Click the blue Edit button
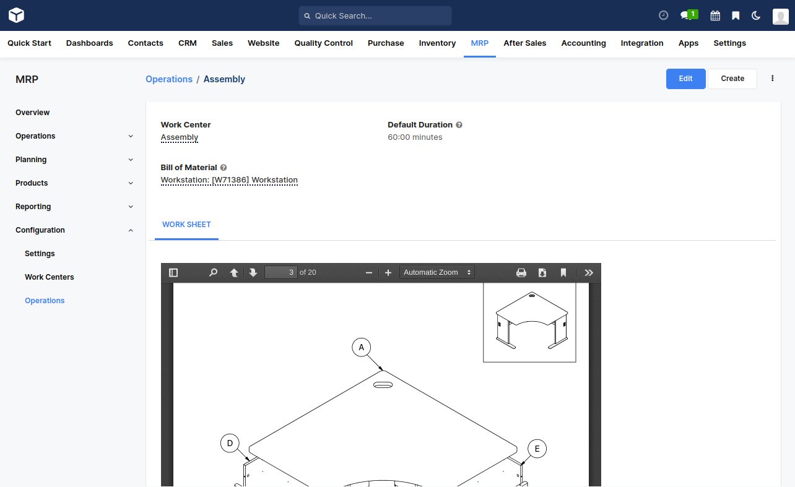pos(685,79)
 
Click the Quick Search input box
pos(375,15)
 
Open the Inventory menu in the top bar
pos(437,43)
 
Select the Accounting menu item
pos(583,43)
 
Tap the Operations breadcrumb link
pos(169,79)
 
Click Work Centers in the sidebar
pos(50,277)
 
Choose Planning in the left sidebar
pos(31,160)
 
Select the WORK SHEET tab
pos(186,225)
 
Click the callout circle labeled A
pos(362,347)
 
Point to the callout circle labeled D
pos(230,443)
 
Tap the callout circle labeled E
pos(537,449)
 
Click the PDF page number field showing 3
pos(281,272)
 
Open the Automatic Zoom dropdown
pos(437,272)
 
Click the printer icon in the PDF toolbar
pos(521,272)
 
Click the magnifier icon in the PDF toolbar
pos(214,272)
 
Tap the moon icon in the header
pos(756,15)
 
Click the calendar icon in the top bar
pos(715,15)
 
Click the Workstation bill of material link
pos(229,180)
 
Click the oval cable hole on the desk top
pos(383,385)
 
